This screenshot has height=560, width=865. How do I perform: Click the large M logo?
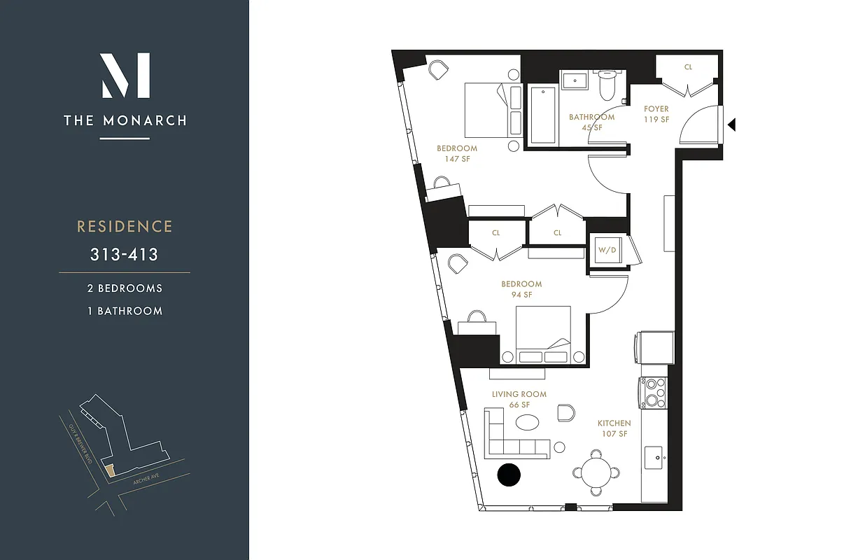[x=125, y=76]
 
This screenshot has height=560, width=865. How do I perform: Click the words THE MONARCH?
[x=125, y=120]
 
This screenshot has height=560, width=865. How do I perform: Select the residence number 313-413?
[x=124, y=255]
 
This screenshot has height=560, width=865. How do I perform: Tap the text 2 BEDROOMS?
[x=125, y=288]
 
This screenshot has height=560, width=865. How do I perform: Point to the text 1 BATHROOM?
[x=125, y=311]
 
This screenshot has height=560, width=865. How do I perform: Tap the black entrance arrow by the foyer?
[x=731, y=125]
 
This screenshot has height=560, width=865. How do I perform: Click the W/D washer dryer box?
[x=605, y=250]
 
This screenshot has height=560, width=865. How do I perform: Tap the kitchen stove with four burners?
[x=653, y=393]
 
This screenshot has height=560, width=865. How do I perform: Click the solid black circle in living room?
[x=509, y=475]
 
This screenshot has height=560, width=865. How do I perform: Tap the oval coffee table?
[x=527, y=423]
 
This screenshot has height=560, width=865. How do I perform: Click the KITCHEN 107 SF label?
[x=614, y=428]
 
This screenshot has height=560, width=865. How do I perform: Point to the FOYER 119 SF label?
[x=656, y=114]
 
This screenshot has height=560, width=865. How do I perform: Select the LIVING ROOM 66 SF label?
[x=519, y=400]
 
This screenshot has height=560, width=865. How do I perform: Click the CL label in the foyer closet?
[x=688, y=67]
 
